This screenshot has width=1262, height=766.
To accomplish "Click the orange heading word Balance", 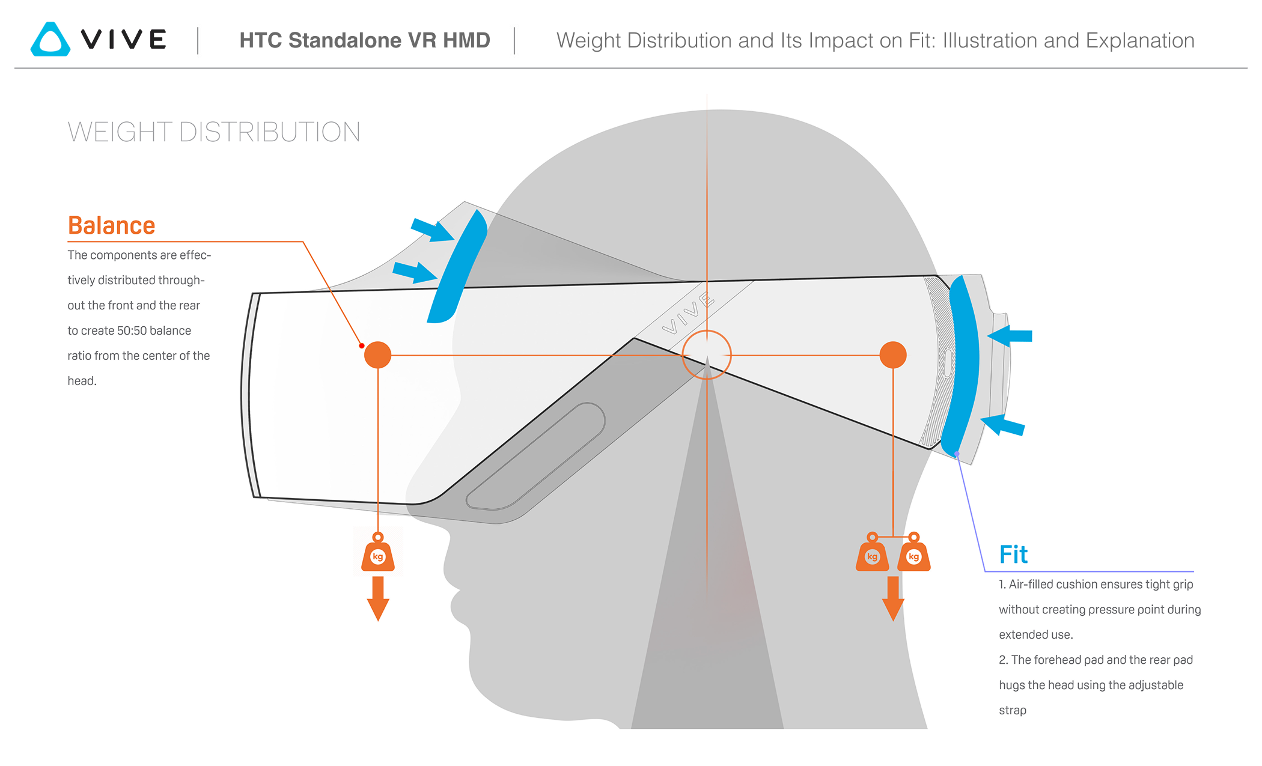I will (111, 226).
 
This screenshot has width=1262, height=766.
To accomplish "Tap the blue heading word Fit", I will (1013, 555).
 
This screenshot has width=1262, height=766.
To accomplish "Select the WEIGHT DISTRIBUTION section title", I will (213, 132).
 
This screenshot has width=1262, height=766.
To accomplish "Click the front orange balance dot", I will (377, 354).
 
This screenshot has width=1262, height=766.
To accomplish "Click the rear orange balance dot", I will (892, 354).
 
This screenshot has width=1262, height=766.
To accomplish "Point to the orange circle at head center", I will (707, 354).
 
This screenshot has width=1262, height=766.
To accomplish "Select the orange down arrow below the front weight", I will (378, 598).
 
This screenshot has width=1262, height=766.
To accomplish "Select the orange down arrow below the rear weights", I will (893, 598).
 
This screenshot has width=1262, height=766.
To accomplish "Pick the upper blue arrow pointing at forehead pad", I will (431, 230).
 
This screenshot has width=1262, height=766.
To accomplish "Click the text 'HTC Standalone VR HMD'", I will (365, 40).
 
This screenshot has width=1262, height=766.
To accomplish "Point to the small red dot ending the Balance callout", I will (362, 345).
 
